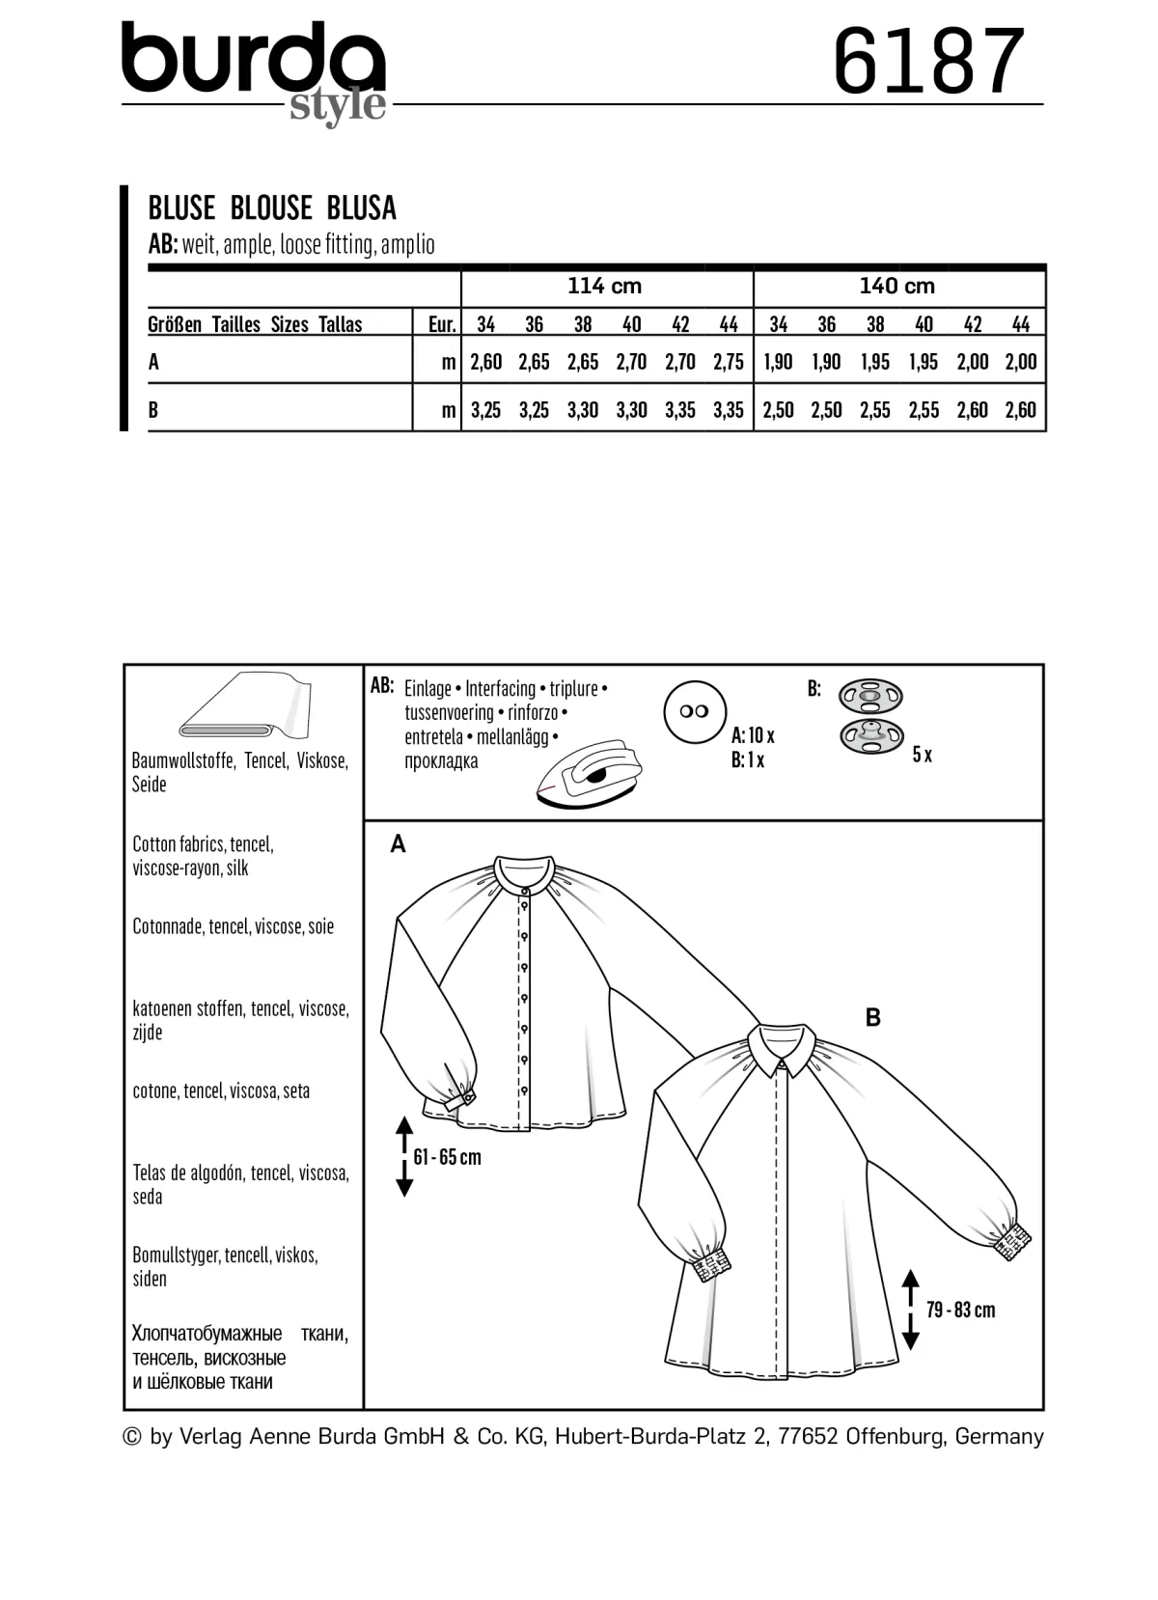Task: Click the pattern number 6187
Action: pyautogui.click(x=928, y=61)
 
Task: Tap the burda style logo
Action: pyautogui.click(x=255, y=71)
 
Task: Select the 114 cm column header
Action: pyautogui.click(x=604, y=287)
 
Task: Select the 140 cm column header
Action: pyautogui.click(x=896, y=287)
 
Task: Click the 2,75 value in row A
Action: pyautogui.click(x=728, y=362)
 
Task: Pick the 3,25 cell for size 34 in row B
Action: pyautogui.click(x=485, y=410)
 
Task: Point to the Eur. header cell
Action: pyautogui.click(x=441, y=325)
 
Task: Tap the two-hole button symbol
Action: pyautogui.click(x=695, y=711)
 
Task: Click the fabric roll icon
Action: pyautogui.click(x=246, y=705)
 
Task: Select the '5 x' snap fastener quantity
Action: pyautogui.click(x=922, y=755)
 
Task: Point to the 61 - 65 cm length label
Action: pyautogui.click(x=447, y=1156)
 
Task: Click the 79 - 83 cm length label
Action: pyautogui.click(x=960, y=1310)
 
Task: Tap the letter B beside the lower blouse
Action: pyautogui.click(x=873, y=1018)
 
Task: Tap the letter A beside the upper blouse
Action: pyautogui.click(x=398, y=844)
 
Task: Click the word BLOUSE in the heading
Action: pyautogui.click(x=271, y=207)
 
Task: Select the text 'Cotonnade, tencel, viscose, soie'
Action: pyautogui.click(x=233, y=926)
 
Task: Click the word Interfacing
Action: pyautogui.click(x=500, y=689)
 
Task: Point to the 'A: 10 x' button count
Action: pyautogui.click(x=753, y=735)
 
